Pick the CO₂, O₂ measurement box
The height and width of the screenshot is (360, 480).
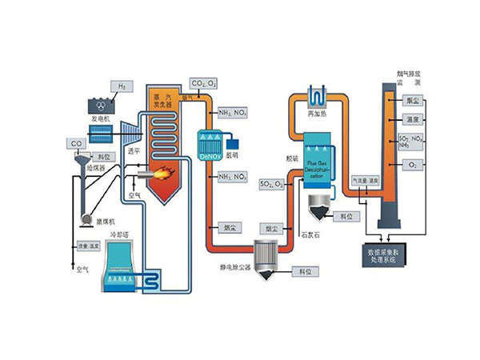pos(202,82)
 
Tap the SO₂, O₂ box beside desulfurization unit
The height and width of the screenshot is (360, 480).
pos(270,186)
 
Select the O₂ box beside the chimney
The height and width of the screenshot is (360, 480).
pos(413,164)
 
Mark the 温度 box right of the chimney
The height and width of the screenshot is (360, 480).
pos(413,119)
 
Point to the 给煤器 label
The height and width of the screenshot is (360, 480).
pos(99,172)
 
